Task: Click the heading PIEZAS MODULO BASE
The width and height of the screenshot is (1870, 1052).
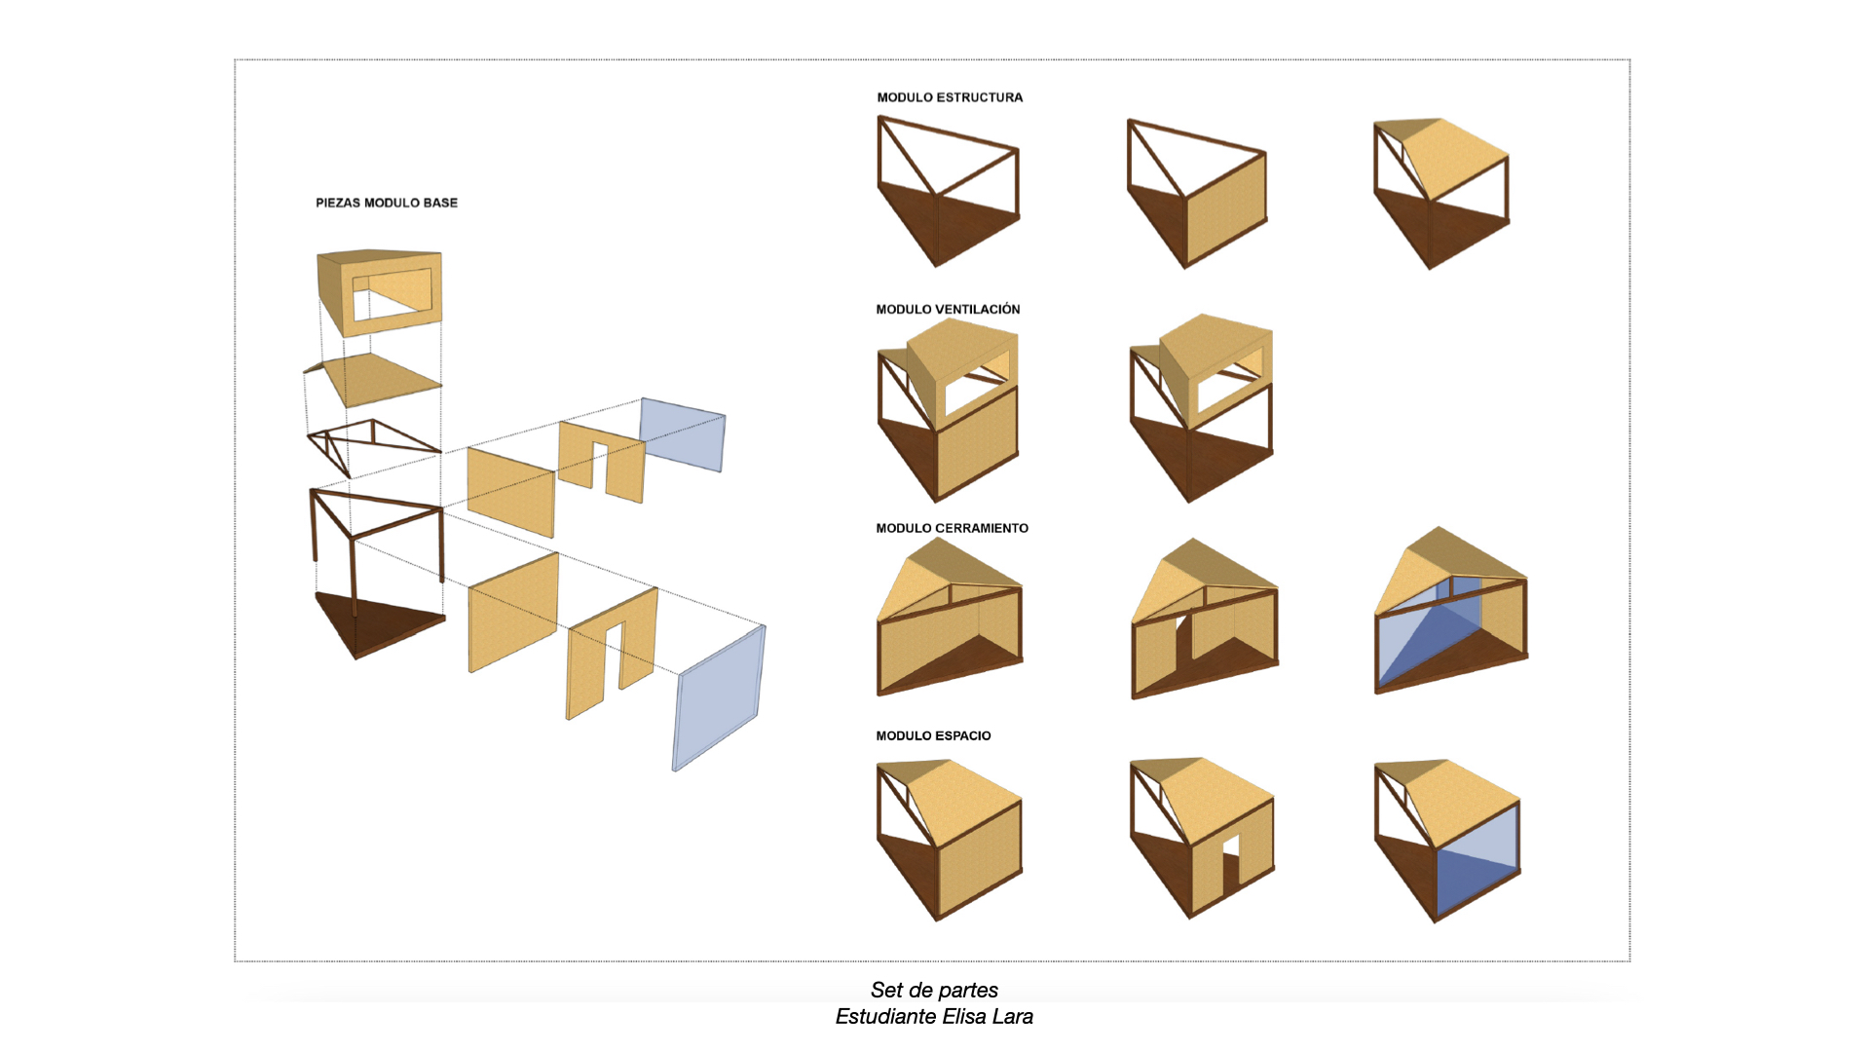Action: (x=386, y=203)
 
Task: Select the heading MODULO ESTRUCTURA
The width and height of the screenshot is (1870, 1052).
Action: (x=950, y=97)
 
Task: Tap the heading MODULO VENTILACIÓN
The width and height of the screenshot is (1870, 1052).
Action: (x=948, y=309)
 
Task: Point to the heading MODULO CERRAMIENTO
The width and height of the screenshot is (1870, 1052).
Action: (x=952, y=528)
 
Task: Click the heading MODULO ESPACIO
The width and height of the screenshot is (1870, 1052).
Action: (x=933, y=735)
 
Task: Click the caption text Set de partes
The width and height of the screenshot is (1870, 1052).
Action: (x=934, y=990)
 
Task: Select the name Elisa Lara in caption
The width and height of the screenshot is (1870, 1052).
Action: (x=988, y=1017)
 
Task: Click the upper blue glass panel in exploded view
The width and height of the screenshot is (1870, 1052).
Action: (x=682, y=433)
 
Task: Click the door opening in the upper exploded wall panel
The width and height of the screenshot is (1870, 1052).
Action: (x=600, y=465)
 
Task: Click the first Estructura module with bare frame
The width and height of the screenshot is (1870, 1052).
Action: (x=947, y=190)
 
